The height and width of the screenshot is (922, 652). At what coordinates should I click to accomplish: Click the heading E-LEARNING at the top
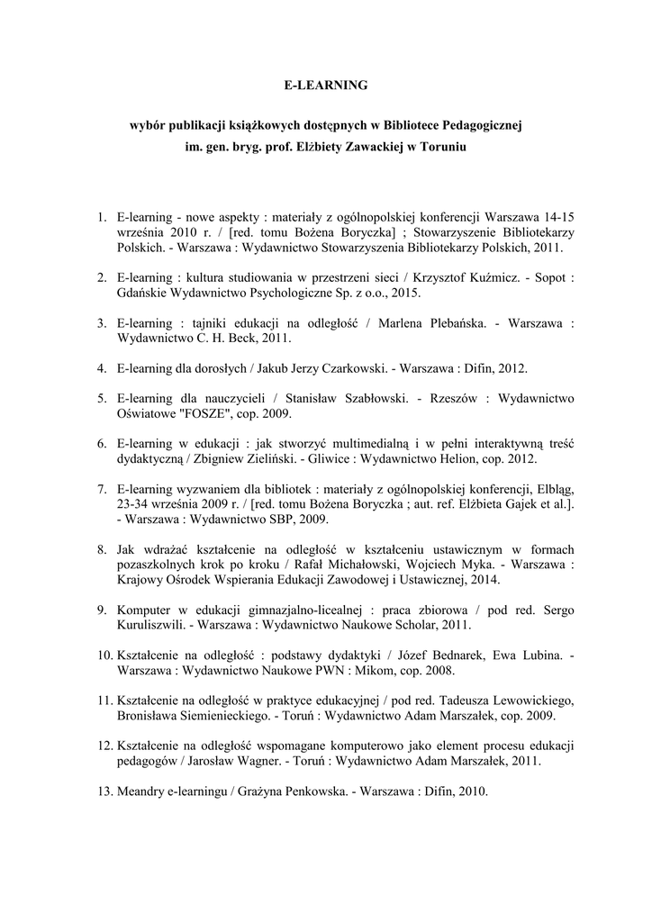point(325,85)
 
